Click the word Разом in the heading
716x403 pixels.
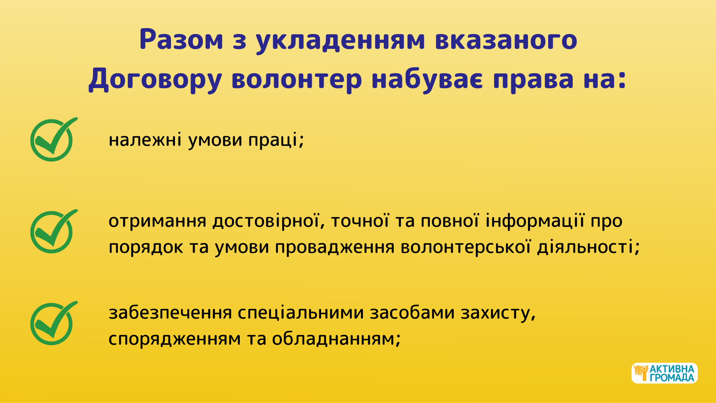coord(181,40)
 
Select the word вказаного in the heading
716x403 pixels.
coord(506,40)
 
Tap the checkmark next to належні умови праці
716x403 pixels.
coord(54,139)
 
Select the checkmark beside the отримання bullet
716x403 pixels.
coord(54,231)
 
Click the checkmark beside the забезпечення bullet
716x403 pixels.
coord(54,323)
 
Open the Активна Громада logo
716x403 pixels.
coord(665,373)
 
